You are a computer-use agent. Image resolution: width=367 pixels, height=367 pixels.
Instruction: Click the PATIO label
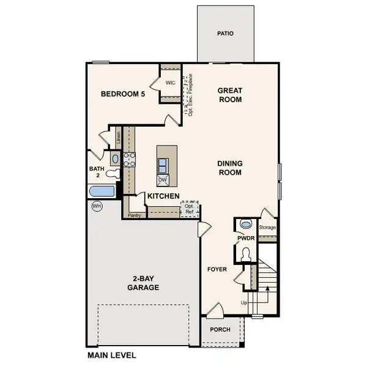point(225,34)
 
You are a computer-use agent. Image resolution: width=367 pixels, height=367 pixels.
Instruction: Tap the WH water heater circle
point(97,206)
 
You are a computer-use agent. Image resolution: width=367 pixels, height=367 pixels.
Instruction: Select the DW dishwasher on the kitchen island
point(163,180)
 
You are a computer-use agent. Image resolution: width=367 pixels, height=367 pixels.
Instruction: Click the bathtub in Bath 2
point(102,191)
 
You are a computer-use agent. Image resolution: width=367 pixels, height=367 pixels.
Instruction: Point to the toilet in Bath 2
point(113,174)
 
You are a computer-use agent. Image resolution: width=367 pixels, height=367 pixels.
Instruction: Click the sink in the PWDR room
point(245,224)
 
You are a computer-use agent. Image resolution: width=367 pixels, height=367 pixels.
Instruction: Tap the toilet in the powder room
point(246,254)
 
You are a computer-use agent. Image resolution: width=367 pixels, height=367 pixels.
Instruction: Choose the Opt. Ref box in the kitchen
point(190,209)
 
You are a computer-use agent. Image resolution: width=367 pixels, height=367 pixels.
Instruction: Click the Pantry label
point(135,215)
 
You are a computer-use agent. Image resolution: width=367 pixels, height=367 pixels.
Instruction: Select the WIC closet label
point(171,83)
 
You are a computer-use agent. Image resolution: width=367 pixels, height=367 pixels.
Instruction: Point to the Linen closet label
point(119,138)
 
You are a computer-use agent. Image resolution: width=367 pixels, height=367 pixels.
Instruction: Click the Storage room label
point(267,228)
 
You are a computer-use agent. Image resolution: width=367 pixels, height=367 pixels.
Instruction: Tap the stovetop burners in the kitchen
point(129,160)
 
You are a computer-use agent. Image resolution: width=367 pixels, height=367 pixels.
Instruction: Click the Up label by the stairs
point(244,303)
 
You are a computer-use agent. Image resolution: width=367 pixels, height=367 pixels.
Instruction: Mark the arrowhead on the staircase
point(267,288)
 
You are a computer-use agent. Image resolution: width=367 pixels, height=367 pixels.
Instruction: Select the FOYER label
point(217,269)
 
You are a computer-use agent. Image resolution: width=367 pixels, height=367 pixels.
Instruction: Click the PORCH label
point(220,330)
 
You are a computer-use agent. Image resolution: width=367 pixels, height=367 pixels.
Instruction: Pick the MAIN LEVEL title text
point(112,355)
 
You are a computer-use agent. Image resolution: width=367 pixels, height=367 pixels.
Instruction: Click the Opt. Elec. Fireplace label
point(190,95)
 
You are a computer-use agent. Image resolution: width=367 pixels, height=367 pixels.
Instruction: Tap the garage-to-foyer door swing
point(204,229)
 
